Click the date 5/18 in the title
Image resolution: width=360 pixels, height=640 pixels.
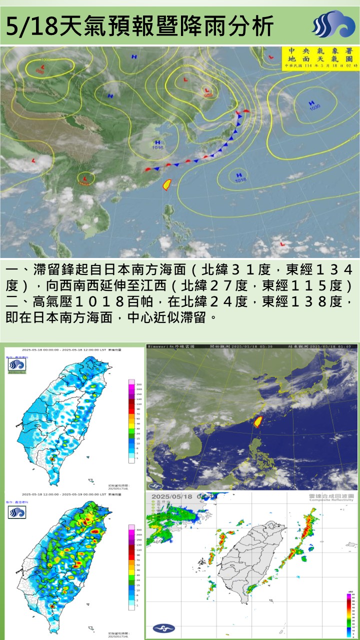31,26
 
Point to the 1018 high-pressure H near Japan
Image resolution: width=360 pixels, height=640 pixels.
239,176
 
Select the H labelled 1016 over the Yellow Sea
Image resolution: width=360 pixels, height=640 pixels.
158,144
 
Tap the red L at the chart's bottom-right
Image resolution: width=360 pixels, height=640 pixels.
282,244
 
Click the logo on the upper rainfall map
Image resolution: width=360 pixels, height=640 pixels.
17,366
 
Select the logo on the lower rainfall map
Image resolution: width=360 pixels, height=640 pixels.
17,512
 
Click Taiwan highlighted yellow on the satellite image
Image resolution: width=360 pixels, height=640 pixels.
258,421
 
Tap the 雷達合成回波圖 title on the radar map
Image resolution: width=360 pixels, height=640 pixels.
330,495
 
